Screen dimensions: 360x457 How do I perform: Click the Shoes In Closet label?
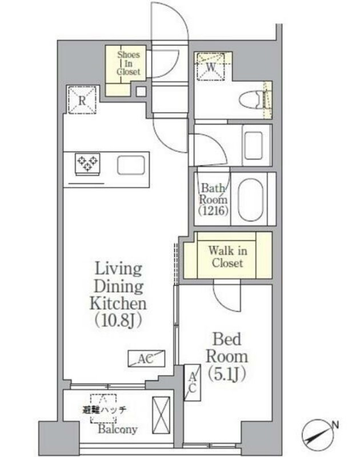click(x=129, y=63)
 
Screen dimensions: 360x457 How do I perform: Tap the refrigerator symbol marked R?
click(x=82, y=100)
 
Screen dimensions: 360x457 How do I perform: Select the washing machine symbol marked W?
click(x=211, y=66)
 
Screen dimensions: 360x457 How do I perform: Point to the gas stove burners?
click(x=87, y=162)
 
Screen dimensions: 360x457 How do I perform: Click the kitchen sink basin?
click(x=131, y=165)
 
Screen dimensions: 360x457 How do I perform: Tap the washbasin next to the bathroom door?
click(x=253, y=145)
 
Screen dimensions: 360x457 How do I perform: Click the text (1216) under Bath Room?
click(x=213, y=210)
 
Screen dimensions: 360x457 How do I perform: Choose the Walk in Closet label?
click(x=227, y=256)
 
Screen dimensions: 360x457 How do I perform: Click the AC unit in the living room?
click(x=146, y=359)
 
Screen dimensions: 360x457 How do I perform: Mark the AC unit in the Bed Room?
click(x=193, y=383)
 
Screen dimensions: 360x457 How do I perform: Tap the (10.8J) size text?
click(x=118, y=320)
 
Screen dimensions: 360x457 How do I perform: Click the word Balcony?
click(x=118, y=429)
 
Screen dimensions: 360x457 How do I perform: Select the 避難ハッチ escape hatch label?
click(x=104, y=410)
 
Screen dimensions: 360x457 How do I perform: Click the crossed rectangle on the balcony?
click(x=161, y=415)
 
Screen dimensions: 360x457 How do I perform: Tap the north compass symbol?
click(x=316, y=434)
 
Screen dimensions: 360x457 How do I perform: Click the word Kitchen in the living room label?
click(x=118, y=303)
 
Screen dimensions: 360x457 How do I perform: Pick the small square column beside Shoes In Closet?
click(x=141, y=91)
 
